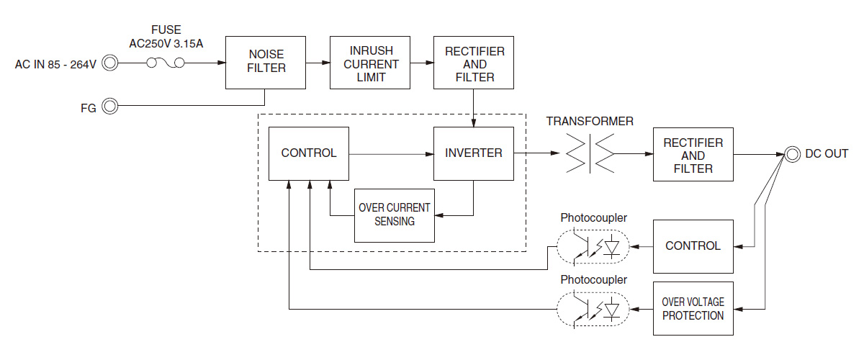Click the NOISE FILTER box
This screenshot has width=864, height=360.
(267, 62)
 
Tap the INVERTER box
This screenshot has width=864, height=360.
(474, 153)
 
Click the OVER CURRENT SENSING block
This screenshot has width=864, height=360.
(395, 215)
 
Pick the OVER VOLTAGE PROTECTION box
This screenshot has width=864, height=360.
(693, 309)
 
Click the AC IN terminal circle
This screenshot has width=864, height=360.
(110, 63)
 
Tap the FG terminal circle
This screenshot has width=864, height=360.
(110, 107)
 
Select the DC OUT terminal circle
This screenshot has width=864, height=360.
(792, 154)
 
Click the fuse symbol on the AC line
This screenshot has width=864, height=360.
(165, 63)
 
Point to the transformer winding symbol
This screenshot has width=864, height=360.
(590, 153)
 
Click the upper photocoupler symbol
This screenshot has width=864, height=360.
(593, 247)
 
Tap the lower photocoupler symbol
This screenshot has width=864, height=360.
(593, 309)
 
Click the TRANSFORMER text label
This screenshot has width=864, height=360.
(590, 122)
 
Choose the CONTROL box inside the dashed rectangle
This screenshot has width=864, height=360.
(308, 153)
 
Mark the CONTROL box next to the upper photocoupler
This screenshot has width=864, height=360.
(693, 246)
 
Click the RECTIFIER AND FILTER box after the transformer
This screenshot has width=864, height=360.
(693, 155)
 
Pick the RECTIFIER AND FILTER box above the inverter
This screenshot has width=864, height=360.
(474, 63)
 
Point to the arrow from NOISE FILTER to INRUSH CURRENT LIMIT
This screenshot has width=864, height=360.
(317, 63)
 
